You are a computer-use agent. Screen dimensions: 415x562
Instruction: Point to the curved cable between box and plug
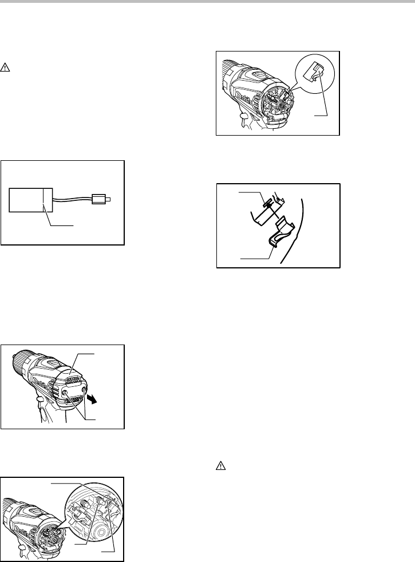pos(73,199)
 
